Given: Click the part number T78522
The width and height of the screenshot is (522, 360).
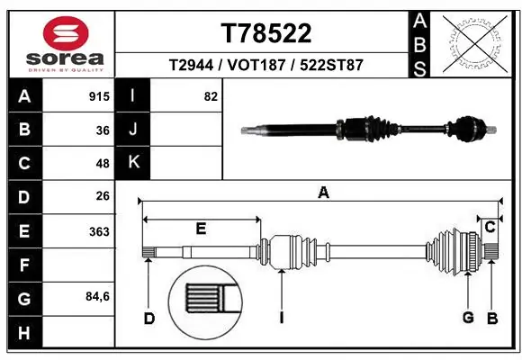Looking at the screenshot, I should pyautogui.click(x=266, y=33).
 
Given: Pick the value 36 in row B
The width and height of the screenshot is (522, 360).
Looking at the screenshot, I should pyautogui.click(x=103, y=130).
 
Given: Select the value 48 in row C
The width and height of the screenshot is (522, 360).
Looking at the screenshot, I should pyautogui.click(x=103, y=163).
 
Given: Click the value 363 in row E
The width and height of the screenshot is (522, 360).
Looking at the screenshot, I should pyautogui.click(x=99, y=231).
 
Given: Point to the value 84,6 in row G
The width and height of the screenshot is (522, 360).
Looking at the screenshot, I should pyautogui.click(x=97, y=297).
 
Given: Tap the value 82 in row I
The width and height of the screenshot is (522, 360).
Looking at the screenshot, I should pyautogui.click(x=211, y=96).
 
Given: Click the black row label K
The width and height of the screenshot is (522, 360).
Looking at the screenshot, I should pyautogui.click(x=134, y=163).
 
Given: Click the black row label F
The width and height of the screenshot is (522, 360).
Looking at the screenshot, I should pyautogui.click(x=24, y=265).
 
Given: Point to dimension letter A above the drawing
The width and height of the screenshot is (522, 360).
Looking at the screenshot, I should pyautogui.click(x=323, y=192).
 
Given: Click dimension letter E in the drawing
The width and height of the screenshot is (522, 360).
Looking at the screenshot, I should pyautogui.click(x=201, y=229).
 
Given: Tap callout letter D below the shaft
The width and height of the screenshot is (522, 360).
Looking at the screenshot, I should pyautogui.click(x=149, y=317).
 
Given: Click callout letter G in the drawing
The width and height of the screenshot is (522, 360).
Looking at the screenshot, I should pyautogui.click(x=468, y=317).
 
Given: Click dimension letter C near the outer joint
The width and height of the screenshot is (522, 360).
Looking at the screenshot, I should pyautogui.click(x=490, y=228).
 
